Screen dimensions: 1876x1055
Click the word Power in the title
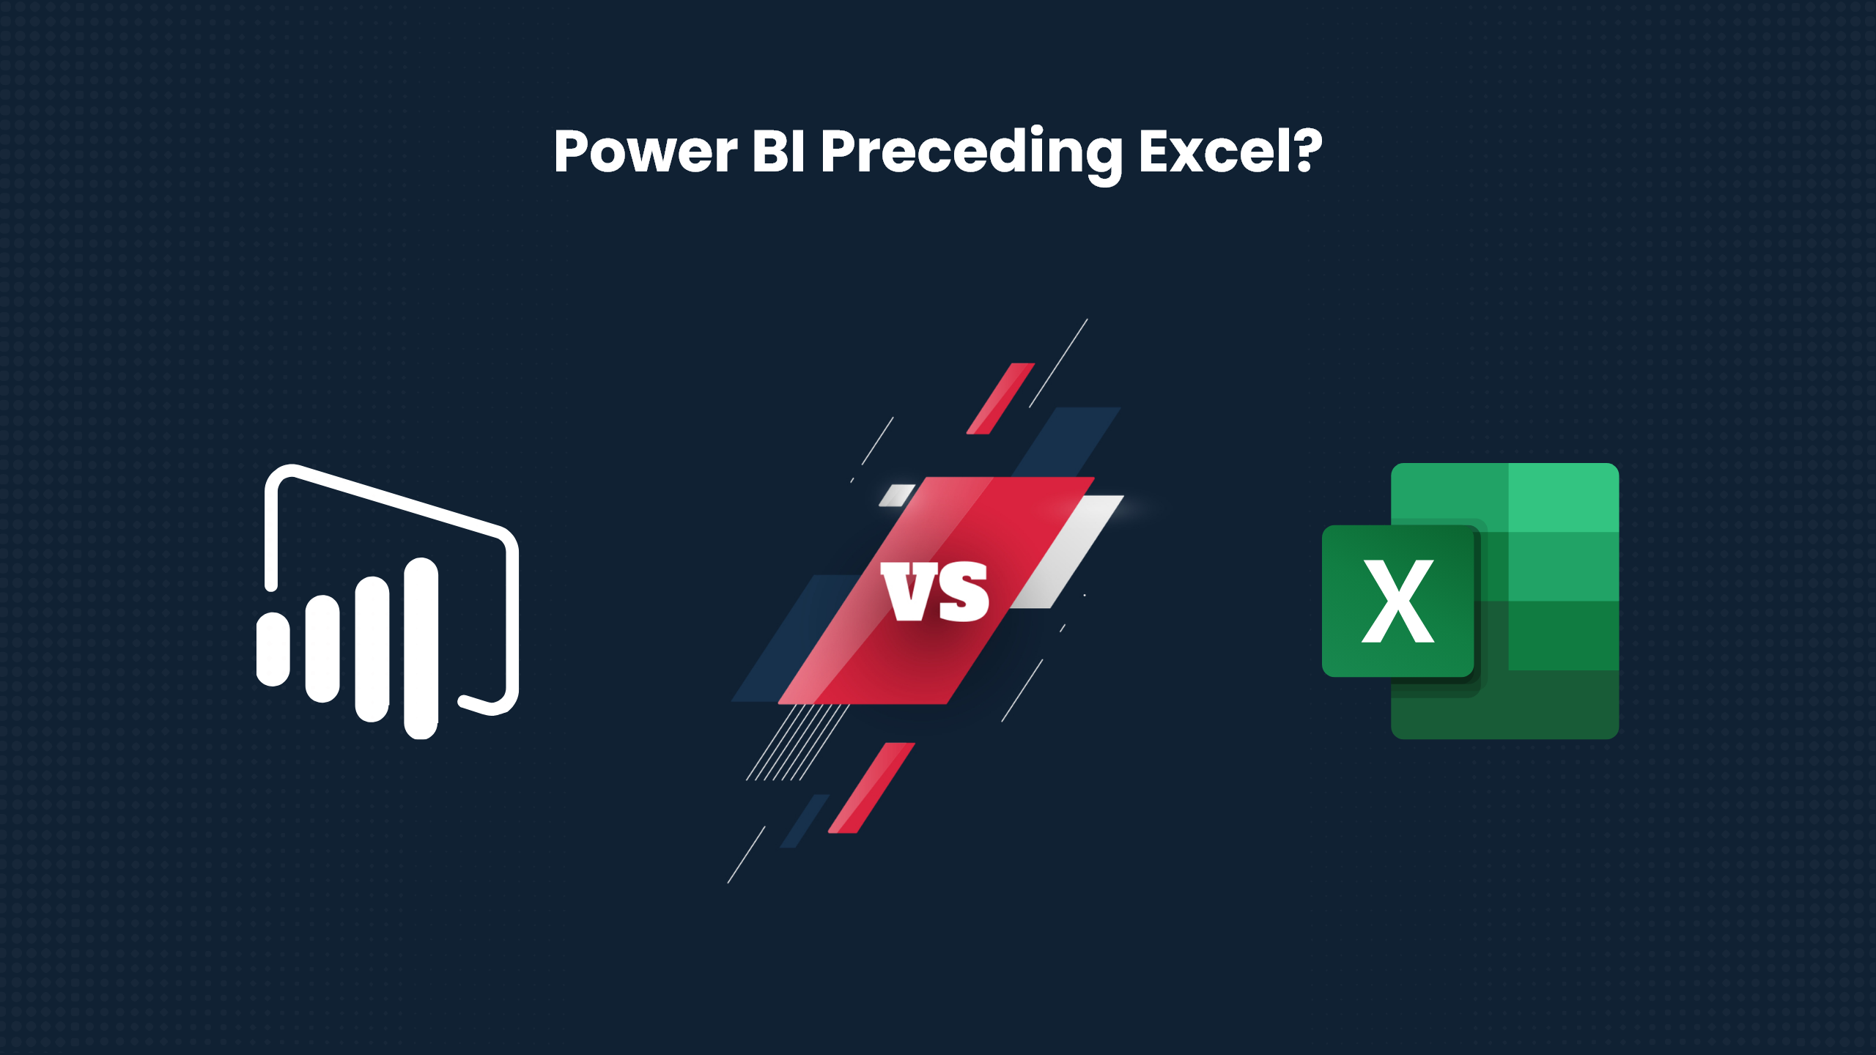click(x=646, y=152)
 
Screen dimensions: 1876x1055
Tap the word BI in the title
click(x=780, y=152)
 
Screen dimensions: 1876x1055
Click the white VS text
click(x=936, y=592)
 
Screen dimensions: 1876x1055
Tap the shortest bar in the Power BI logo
click(x=273, y=649)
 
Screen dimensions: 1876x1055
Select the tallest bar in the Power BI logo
click(x=421, y=648)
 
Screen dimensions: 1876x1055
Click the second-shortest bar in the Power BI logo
click(x=322, y=648)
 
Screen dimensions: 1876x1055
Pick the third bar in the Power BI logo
click(x=372, y=648)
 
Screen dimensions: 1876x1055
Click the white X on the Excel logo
click(x=1398, y=601)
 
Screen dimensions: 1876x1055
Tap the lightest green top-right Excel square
click(x=1563, y=497)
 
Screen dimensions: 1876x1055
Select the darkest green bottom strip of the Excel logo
click(x=1505, y=705)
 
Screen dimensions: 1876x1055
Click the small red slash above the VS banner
click(x=1000, y=398)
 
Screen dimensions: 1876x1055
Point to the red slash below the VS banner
click(x=871, y=788)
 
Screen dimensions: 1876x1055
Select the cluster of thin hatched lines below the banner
click(x=797, y=741)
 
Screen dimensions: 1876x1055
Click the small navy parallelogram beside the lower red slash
click(x=805, y=821)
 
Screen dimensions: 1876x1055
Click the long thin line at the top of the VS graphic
click(x=1058, y=363)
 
